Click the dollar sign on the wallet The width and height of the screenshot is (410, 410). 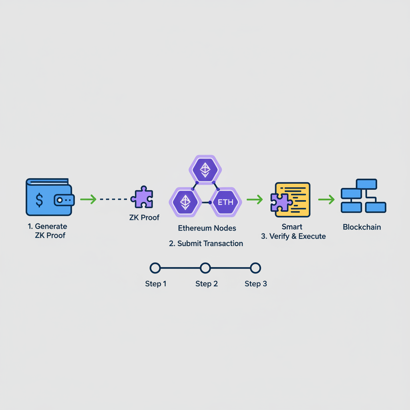click(39, 199)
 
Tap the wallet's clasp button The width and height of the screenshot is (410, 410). click(60, 199)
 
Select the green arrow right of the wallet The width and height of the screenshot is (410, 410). click(88, 199)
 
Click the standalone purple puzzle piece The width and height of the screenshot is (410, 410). click(142, 197)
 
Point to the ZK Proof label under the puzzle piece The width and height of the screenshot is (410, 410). click(144, 217)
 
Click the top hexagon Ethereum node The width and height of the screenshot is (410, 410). click(205, 170)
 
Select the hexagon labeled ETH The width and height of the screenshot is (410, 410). click(225, 202)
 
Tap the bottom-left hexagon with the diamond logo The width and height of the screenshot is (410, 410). click(185, 202)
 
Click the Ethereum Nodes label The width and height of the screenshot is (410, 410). click(207, 228)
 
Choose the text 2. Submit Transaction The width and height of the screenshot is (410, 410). click(206, 243)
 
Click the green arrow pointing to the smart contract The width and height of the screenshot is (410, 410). click(254, 199)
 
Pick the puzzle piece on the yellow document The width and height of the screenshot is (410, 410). click(281, 202)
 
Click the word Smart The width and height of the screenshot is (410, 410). click(292, 227)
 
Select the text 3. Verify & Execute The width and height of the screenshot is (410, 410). click(293, 236)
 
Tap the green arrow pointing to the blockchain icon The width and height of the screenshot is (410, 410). click(326, 199)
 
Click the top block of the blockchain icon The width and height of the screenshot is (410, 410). click(366, 184)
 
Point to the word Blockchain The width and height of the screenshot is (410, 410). click(362, 227)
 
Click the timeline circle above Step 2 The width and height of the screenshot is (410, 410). click(205, 268)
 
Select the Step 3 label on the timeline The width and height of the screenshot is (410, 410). click(255, 284)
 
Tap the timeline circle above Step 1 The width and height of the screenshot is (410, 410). click(155, 268)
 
